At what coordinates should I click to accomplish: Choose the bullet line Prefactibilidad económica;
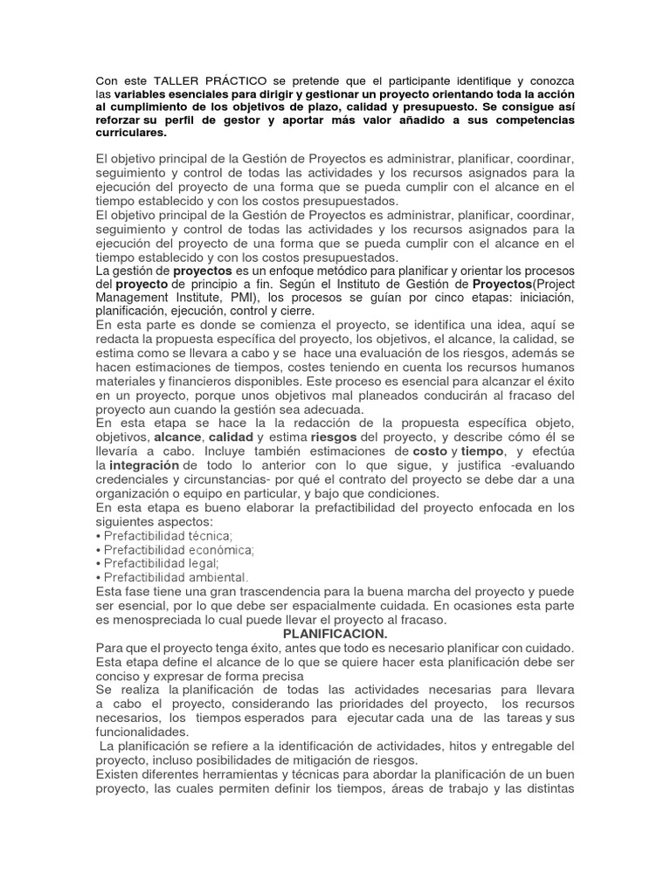(x=178, y=550)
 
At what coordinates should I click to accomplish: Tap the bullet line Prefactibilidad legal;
(x=161, y=565)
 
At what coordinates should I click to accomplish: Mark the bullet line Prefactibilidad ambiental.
(x=175, y=578)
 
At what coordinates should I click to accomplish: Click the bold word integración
(x=143, y=465)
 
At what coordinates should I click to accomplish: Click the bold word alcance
(x=177, y=437)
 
